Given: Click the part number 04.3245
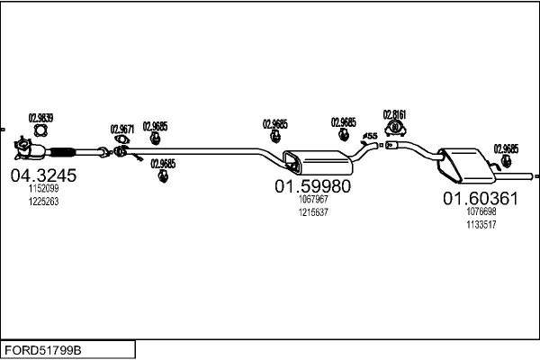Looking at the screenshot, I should click(x=42, y=175).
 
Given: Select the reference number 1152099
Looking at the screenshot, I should click(x=43, y=189).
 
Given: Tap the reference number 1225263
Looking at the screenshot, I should click(x=43, y=202).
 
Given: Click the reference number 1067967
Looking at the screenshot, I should click(x=313, y=201).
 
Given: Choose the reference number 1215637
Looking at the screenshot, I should click(x=313, y=212).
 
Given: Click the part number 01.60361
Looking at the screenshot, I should click(x=479, y=198).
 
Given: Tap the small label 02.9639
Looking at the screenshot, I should click(x=41, y=117).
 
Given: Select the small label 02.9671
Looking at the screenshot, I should click(x=122, y=129).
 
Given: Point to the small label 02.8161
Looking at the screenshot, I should click(x=394, y=114).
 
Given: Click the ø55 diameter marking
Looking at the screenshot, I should click(x=369, y=136).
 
